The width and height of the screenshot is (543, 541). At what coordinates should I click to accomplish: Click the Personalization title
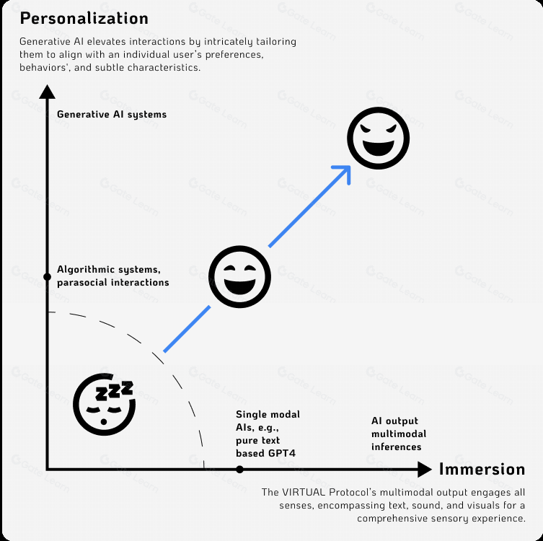tap(84, 18)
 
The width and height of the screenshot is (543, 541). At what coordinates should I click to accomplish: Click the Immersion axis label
tap(482, 470)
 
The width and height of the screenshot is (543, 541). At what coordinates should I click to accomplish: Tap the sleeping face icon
tap(105, 404)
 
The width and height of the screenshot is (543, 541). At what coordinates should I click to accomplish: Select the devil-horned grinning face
tap(378, 138)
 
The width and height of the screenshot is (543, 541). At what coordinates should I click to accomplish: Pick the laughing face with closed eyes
tap(239, 277)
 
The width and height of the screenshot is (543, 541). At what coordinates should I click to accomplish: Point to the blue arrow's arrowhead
tap(345, 172)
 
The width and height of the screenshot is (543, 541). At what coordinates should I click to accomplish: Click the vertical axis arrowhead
tap(47, 92)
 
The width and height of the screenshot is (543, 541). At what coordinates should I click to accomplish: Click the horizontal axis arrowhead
tap(425, 470)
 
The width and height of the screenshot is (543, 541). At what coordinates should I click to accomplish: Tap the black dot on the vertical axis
tap(47, 277)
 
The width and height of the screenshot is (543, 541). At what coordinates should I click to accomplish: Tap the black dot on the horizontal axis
tap(239, 470)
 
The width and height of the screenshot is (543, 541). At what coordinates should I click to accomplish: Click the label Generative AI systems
tap(112, 114)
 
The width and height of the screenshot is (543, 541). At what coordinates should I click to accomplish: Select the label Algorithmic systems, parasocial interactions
tap(113, 276)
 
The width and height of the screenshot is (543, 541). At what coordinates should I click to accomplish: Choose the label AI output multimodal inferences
tap(399, 434)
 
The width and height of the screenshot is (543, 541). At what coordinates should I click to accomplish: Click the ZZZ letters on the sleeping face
tap(114, 391)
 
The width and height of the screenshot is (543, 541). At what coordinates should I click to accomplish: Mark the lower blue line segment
tap(187, 329)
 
